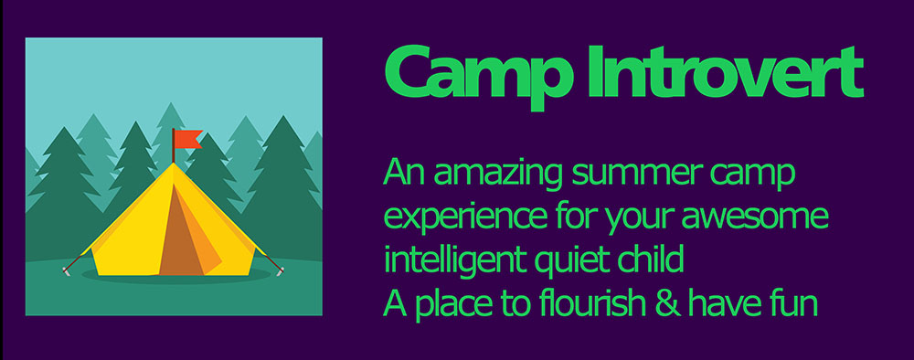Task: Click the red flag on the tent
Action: coord(187,139)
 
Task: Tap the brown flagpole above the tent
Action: coord(173,145)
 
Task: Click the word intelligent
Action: coord(454,259)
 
